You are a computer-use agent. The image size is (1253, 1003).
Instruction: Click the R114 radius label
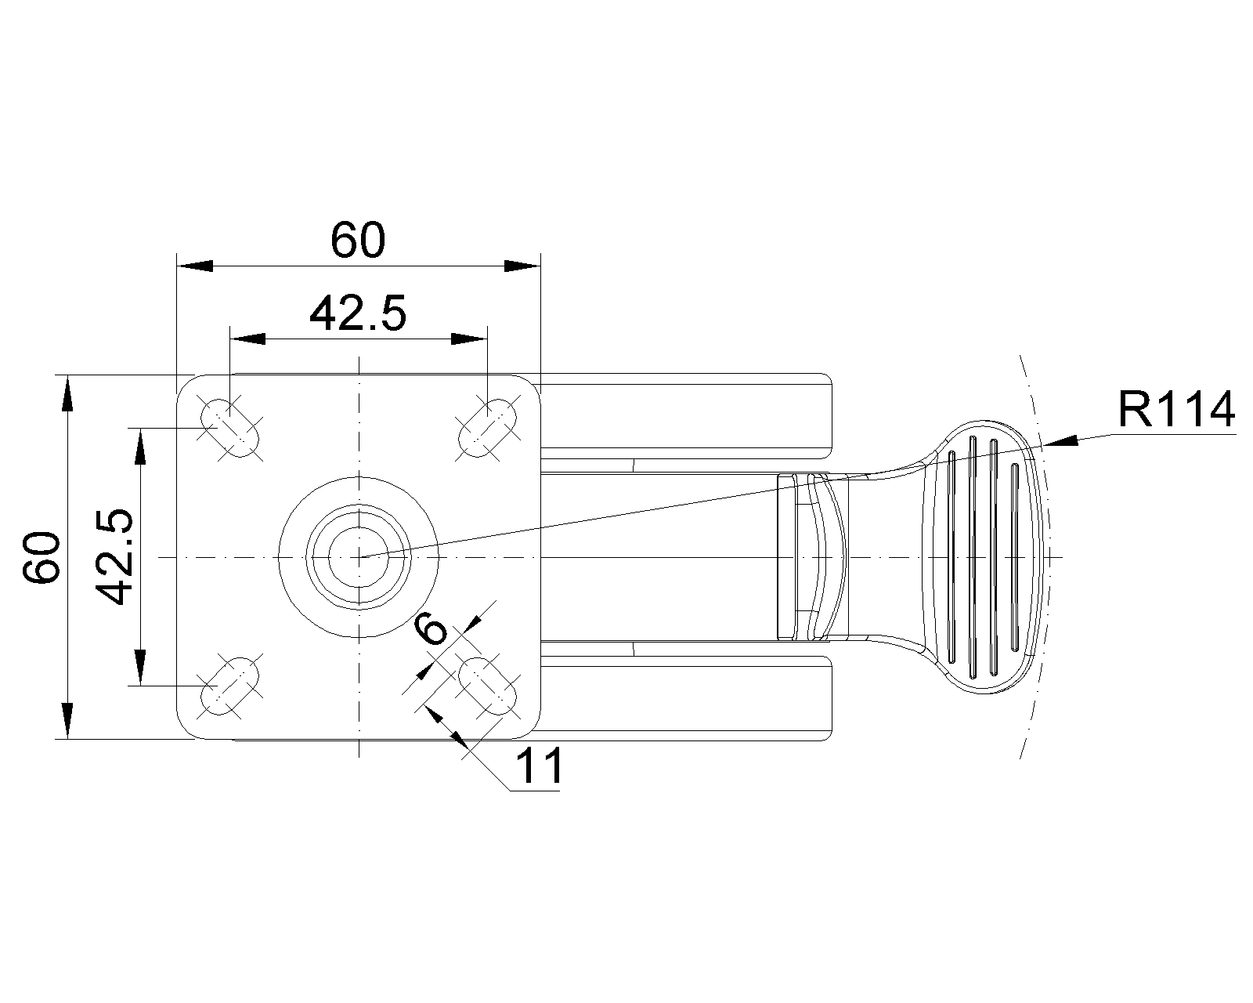point(1176,410)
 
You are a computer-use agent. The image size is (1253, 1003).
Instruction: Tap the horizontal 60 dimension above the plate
point(358,240)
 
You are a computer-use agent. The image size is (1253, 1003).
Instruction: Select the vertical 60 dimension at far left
point(42,557)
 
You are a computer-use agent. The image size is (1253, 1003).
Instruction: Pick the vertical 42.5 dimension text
point(114,557)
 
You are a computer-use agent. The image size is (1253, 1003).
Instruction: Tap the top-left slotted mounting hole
point(229,428)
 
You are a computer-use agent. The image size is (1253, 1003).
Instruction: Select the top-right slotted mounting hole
point(488,428)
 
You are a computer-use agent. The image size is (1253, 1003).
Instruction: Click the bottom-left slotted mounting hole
point(229,686)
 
